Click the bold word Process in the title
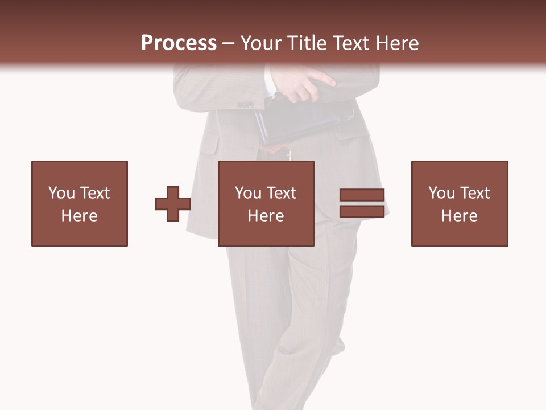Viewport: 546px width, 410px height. (179, 43)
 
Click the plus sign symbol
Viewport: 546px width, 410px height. (173, 204)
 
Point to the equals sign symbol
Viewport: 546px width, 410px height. (362, 203)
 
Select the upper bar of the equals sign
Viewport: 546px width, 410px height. (362, 195)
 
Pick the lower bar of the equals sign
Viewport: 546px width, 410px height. (362, 211)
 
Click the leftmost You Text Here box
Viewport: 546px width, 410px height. (80, 203)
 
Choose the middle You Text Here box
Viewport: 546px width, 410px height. (266, 203)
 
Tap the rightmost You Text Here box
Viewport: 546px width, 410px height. (460, 203)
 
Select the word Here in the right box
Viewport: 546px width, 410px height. (460, 216)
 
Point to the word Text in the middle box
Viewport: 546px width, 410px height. (282, 193)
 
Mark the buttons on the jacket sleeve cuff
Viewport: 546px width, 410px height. (245, 104)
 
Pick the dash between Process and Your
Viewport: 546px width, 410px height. (229, 43)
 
